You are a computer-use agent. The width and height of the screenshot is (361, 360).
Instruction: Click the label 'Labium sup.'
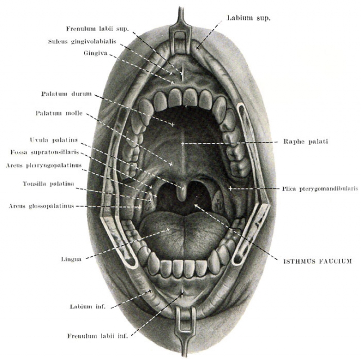pyautogui.click(x=249, y=18)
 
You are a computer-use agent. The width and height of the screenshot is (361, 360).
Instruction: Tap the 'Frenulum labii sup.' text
pyautogui.click(x=98, y=29)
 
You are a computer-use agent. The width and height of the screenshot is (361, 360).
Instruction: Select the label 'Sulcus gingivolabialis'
pyautogui.click(x=82, y=42)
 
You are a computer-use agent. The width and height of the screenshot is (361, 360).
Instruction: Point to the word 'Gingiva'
pyautogui.click(x=95, y=53)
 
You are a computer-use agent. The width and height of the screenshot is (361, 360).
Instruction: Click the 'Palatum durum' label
pyautogui.click(x=67, y=94)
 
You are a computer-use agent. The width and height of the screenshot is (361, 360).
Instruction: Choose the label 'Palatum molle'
pyautogui.click(x=59, y=113)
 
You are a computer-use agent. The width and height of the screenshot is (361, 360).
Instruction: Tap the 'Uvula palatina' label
pyautogui.click(x=54, y=140)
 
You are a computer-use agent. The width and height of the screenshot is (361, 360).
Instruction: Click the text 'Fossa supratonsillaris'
pyautogui.click(x=45, y=152)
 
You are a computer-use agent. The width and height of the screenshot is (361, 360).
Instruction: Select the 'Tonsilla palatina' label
pyautogui.click(x=49, y=183)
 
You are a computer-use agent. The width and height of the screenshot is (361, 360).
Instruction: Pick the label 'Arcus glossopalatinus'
pyautogui.click(x=41, y=206)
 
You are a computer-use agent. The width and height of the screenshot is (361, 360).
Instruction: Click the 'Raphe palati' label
pyautogui.click(x=306, y=142)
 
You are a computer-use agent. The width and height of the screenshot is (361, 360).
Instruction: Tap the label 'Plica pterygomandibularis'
pyautogui.click(x=320, y=189)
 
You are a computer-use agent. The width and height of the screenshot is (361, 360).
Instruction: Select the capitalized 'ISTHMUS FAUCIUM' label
pyautogui.click(x=318, y=261)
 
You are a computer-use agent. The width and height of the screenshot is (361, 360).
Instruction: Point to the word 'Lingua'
pyautogui.click(x=71, y=260)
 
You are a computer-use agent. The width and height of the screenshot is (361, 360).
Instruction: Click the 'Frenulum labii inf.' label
pyautogui.click(x=98, y=336)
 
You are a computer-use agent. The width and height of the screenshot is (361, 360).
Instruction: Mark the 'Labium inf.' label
pyautogui.click(x=87, y=306)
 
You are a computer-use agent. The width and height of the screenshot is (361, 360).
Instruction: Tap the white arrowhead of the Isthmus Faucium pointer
pyautogui.click(x=196, y=205)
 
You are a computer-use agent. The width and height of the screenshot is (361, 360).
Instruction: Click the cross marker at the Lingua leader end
pyautogui.click(x=168, y=230)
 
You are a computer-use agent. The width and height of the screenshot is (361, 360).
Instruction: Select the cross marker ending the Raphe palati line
pyautogui.click(x=183, y=144)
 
